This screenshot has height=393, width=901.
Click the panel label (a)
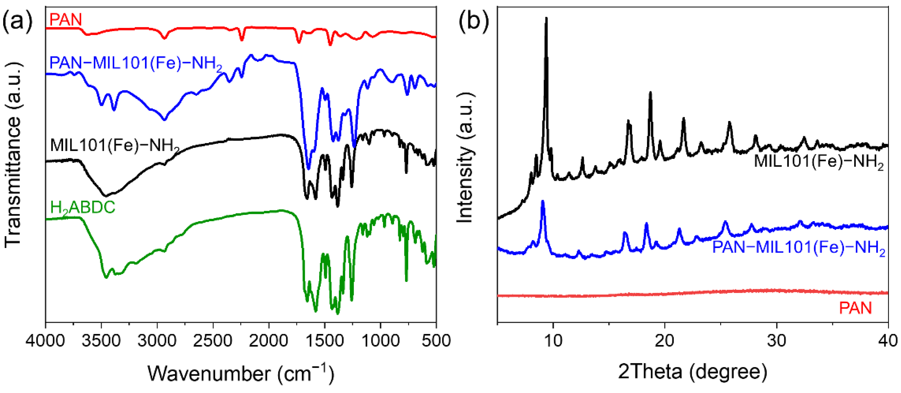pos(17,22)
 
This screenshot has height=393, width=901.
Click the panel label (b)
pos(473,22)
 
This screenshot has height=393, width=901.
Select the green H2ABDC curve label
pos(83,208)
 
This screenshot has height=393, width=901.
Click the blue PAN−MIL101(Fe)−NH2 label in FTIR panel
pos(136,63)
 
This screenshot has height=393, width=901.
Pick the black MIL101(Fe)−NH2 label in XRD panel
pos(818,162)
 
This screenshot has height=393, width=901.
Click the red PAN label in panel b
pos(855,308)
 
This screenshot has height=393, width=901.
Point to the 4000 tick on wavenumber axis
pos(45,340)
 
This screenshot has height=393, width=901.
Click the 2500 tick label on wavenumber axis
pos(213,340)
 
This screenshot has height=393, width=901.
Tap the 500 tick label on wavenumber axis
pos(436,340)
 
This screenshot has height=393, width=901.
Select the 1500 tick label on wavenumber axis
pos(325,340)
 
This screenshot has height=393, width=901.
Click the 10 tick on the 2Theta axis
pos(553,340)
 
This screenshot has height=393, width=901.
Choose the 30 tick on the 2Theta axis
pos(777,340)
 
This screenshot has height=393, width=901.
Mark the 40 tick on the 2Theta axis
pos(888,340)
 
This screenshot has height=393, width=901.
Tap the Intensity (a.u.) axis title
pos(465,158)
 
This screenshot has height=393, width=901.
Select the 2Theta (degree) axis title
pos(693,372)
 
